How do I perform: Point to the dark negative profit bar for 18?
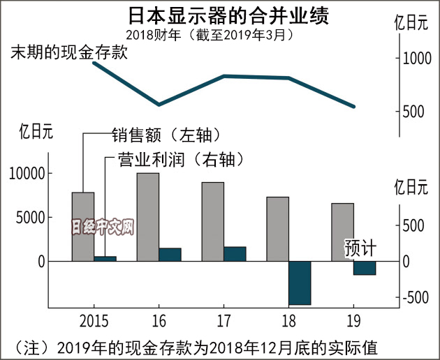299,283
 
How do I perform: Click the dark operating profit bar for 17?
235,254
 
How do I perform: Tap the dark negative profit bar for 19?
364,267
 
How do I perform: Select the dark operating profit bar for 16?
170,255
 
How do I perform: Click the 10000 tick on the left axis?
26,173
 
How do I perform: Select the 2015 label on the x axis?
94,322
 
